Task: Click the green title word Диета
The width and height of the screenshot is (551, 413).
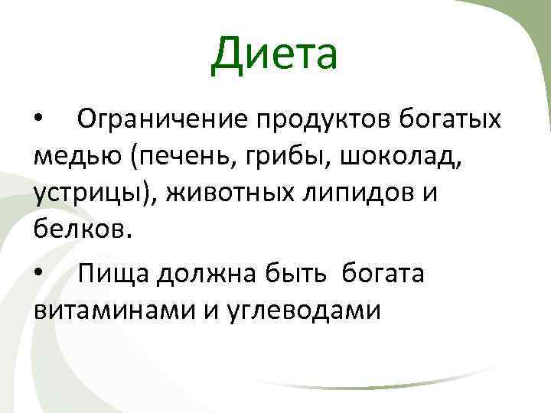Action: click(275, 54)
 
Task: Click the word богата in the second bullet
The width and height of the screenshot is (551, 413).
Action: click(383, 273)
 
